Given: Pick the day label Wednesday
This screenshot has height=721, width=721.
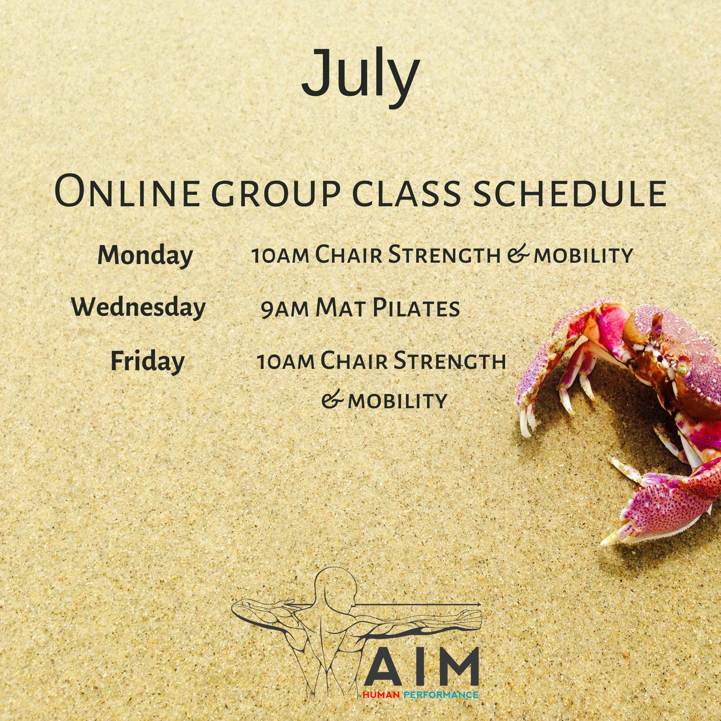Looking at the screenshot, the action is pos(138,308).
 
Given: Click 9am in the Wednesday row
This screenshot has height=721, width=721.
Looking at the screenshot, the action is pos(284,310).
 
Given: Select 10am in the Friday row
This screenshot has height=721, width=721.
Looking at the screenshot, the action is pos(286,362).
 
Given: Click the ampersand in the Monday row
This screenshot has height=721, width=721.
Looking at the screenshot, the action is pos(518,255).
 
